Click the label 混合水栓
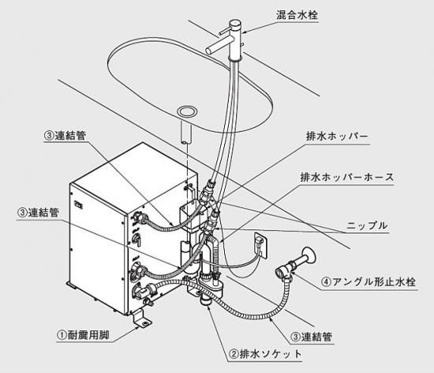tap(297, 15)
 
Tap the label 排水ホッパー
tap(337, 136)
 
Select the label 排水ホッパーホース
tap(347, 177)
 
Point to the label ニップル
tap(367, 226)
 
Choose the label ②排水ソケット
tap(265, 354)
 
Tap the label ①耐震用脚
tap(84, 335)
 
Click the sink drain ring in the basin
tap(187, 112)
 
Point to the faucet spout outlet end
tap(209, 50)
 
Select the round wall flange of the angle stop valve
tap(309, 255)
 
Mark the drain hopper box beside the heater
tap(191, 217)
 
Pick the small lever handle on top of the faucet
tap(224, 32)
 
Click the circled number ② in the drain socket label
tap(234, 354)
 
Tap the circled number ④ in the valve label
tap(327, 282)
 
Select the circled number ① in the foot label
tap(62, 335)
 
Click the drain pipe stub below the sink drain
tap(186, 133)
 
